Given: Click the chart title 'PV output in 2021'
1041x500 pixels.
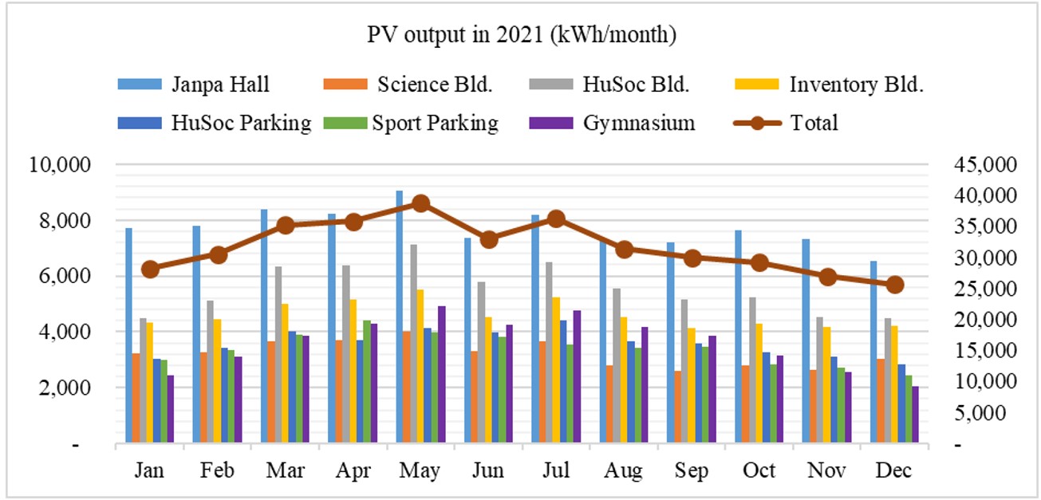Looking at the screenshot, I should (x=522, y=35).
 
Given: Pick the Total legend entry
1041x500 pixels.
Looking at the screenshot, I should (x=814, y=123).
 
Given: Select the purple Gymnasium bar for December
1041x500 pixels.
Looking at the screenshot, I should (x=916, y=415).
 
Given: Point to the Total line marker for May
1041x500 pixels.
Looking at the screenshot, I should (x=421, y=203).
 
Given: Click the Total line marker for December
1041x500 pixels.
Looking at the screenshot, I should (x=895, y=285).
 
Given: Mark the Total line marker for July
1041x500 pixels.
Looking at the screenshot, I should (x=557, y=219).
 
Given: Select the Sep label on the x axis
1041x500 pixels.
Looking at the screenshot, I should (x=692, y=470).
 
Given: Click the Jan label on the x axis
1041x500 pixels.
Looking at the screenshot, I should (x=150, y=470).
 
